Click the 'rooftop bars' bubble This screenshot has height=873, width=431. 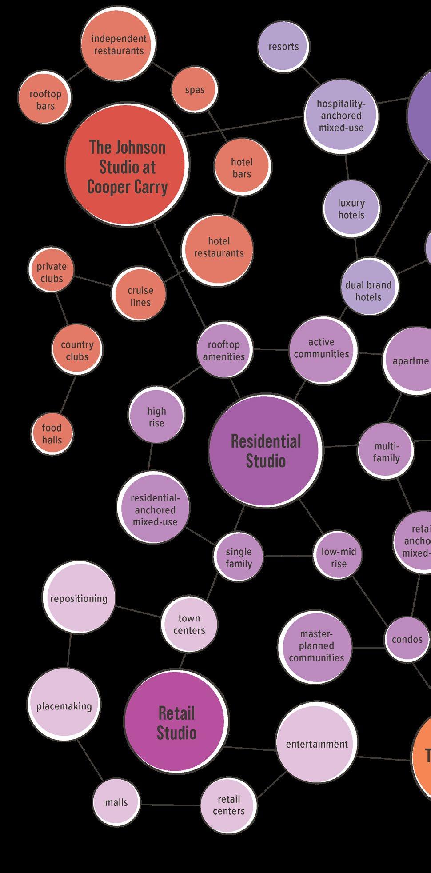tap(45, 100)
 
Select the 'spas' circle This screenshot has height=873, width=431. tap(195, 90)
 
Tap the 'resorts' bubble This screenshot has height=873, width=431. tap(283, 47)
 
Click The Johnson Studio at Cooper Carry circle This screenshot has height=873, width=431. tap(127, 167)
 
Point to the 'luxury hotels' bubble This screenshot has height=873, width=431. tap(351, 209)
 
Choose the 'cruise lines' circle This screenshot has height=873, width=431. tap(140, 296)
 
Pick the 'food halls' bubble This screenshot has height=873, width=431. tap(52, 434)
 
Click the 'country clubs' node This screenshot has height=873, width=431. tap(77, 350)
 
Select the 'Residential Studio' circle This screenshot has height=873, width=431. tap(266, 451)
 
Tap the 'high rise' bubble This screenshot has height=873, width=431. tap(156, 417)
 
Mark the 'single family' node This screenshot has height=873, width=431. tap(239, 557)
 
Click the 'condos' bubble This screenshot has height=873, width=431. tap(407, 639)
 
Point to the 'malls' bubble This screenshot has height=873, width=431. tap(116, 803)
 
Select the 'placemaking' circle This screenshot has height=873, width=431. tap(64, 706)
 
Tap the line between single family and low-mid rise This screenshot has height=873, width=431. tap(288, 556)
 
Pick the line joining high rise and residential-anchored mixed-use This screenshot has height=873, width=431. tap(150, 457)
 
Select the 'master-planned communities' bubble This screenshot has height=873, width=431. tap(316, 646)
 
